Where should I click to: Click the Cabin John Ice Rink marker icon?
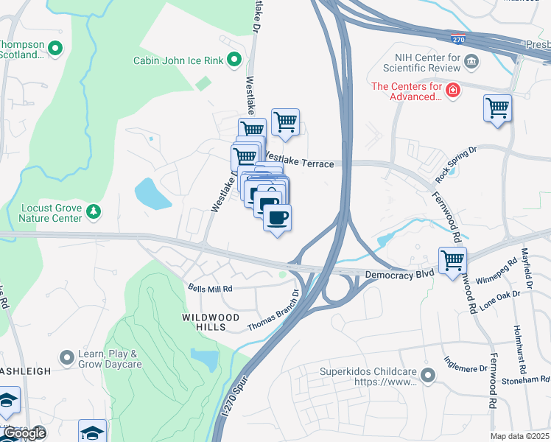pyautogui.click(x=234, y=60)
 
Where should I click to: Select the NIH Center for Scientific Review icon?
pyautogui.click(x=472, y=60)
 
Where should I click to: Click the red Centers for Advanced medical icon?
pyautogui.click(x=454, y=90)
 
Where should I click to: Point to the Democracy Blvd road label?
pyautogui.click(x=398, y=273)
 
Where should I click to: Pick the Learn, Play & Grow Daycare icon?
pyautogui.click(x=67, y=358)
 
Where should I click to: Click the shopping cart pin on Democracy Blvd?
pyautogui.click(x=452, y=260)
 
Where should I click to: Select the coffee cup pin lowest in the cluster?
pyautogui.click(x=277, y=218)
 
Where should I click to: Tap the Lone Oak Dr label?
pyautogui.click(x=500, y=300)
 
